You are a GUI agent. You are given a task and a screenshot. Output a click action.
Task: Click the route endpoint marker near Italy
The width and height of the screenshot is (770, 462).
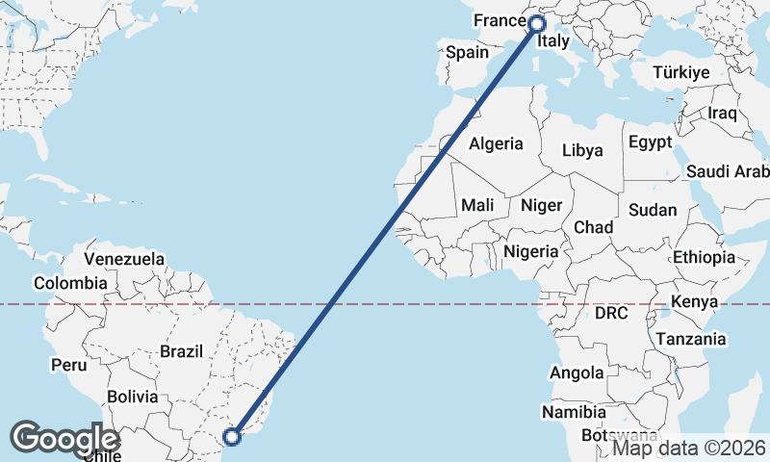(x=537, y=23)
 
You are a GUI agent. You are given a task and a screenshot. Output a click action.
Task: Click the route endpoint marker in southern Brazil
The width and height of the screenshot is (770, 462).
(x=233, y=436)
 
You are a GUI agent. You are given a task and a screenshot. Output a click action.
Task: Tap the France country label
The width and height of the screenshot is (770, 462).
(x=499, y=20)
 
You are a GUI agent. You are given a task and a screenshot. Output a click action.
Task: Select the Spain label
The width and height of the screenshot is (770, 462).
(x=468, y=52)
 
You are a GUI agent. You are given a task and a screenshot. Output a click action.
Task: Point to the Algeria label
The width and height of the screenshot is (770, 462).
(x=496, y=144)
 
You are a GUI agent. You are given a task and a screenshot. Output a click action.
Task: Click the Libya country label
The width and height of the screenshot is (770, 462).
(x=582, y=150)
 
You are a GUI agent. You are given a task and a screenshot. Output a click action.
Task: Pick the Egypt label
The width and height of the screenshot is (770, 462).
(x=650, y=142)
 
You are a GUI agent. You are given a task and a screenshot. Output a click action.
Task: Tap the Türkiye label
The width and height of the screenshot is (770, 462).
(x=680, y=72)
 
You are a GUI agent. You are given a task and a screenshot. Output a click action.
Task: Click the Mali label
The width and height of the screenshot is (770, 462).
(x=477, y=205)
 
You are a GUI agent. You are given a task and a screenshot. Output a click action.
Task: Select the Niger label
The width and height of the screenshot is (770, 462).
(x=541, y=205)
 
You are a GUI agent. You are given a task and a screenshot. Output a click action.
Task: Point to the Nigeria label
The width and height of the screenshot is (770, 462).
(x=530, y=251)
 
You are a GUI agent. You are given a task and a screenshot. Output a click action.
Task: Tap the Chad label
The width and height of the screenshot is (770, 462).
(x=593, y=227)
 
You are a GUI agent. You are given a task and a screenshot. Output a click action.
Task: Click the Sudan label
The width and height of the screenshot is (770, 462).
(x=653, y=210)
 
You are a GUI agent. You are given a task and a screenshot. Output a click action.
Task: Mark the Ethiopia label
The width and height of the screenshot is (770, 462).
(x=704, y=257)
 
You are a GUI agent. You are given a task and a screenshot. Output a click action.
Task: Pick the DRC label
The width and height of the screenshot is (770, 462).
(x=611, y=314)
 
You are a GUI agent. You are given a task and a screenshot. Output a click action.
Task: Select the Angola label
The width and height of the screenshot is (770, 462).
(x=577, y=372)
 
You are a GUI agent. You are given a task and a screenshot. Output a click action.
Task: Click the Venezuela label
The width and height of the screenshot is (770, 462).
(x=124, y=259)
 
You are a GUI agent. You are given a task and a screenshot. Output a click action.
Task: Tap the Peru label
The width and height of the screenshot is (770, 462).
(x=68, y=366)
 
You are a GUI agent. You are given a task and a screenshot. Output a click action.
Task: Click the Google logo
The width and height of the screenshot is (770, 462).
(x=64, y=438)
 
